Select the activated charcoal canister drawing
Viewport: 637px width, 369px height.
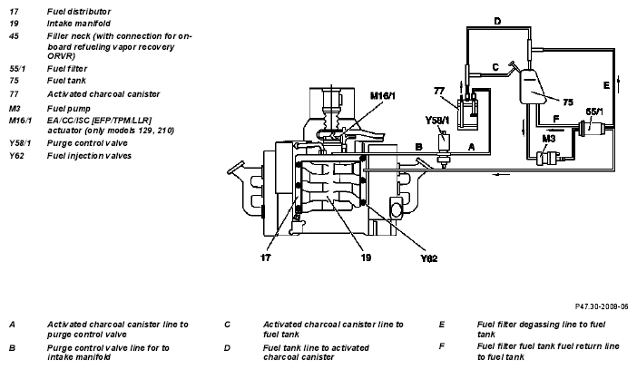468,113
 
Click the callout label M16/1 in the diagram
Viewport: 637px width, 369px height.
382,96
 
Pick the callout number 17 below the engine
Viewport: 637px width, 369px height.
266,257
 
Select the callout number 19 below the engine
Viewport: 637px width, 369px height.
366,257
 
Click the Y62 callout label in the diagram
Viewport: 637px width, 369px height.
429,258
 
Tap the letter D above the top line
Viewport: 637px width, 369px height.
497,21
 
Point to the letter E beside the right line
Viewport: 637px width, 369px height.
606,85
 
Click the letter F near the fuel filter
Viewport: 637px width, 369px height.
556,119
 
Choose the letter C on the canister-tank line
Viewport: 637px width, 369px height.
495,67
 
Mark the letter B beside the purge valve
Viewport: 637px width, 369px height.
419,147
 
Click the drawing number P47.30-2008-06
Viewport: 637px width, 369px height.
602,306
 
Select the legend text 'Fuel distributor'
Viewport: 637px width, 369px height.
79,12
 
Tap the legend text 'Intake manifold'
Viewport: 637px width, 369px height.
78,24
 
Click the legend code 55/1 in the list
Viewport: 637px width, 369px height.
17,69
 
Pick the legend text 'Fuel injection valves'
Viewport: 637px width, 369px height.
89,156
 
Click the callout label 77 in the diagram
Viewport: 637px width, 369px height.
439,91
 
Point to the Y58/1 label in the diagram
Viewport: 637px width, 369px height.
437,121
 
